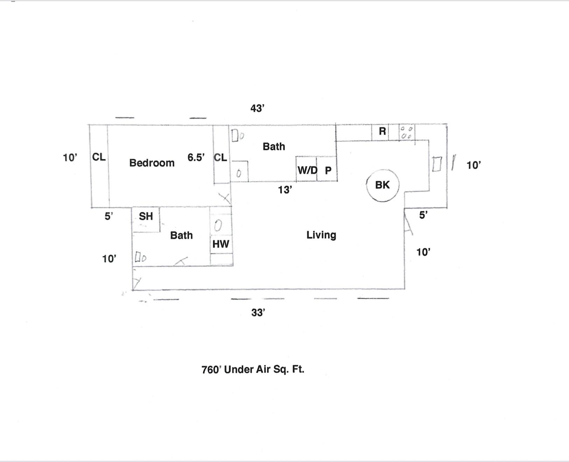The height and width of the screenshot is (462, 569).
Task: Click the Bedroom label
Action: click(152, 163)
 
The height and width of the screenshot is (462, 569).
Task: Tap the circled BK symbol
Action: click(382, 185)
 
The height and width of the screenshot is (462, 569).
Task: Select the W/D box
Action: click(307, 170)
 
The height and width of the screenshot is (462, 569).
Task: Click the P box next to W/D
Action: click(328, 170)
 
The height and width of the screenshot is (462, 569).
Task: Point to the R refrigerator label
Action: click(382, 131)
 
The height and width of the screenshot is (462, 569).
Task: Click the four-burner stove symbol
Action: click(407, 132)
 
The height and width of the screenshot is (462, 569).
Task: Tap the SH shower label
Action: click(146, 216)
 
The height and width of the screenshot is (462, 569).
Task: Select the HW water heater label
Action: click(221, 244)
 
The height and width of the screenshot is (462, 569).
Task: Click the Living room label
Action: click(321, 235)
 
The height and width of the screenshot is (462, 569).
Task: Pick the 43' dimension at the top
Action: click(257, 108)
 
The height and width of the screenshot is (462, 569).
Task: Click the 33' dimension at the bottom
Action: click(258, 313)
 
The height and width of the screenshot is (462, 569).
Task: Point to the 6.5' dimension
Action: click(196, 157)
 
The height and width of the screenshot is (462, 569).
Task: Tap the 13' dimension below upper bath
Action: click(285, 190)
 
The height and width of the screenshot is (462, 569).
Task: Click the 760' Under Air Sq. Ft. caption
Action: click(253, 370)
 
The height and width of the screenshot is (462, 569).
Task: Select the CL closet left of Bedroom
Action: click(99, 157)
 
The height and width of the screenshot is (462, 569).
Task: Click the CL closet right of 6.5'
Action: click(220, 157)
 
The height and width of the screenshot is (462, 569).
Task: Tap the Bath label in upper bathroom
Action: click(274, 146)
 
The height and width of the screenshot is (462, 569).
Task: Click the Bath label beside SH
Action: click(181, 235)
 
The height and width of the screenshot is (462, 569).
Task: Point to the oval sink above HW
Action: click(218, 226)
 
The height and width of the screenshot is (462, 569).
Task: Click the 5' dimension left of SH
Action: click(109, 216)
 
